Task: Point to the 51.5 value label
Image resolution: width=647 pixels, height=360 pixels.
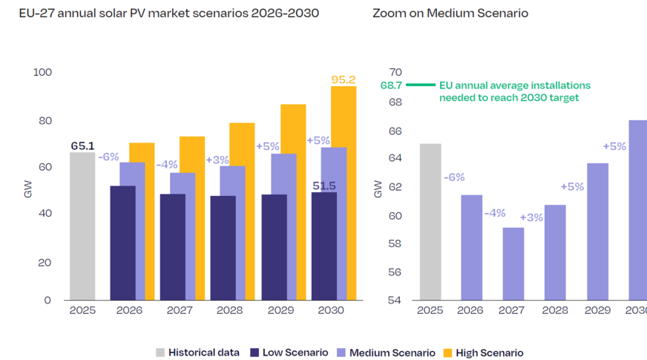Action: click(x=323, y=186)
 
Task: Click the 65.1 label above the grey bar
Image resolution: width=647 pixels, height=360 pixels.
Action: click(x=82, y=146)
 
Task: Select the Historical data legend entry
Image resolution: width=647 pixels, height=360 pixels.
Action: click(x=197, y=353)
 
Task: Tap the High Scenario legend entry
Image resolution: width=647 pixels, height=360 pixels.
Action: click(x=484, y=353)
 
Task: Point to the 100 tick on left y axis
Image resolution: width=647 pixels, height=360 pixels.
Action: click(x=42, y=72)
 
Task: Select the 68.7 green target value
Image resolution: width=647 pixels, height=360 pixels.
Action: click(x=390, y=85)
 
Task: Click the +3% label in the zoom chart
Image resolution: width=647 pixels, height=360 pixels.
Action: click(x=531, y=217)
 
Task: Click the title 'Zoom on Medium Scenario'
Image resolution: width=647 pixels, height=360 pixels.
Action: click(x=450, y=13)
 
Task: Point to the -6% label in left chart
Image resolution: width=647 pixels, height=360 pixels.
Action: click(x=108, y=157)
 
